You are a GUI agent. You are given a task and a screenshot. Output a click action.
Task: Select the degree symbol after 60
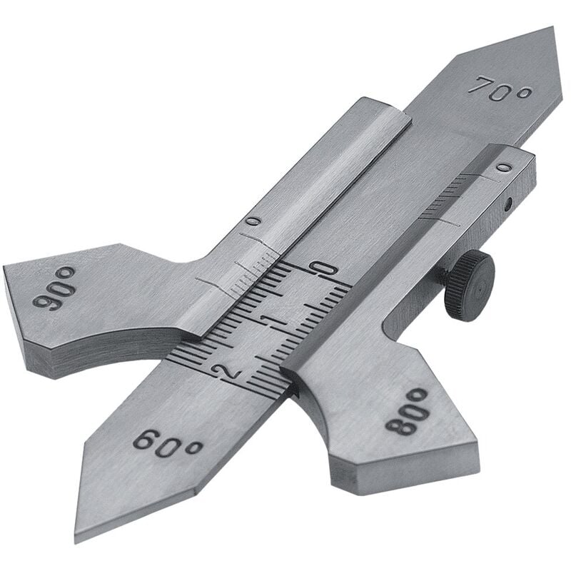click(194, 449)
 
